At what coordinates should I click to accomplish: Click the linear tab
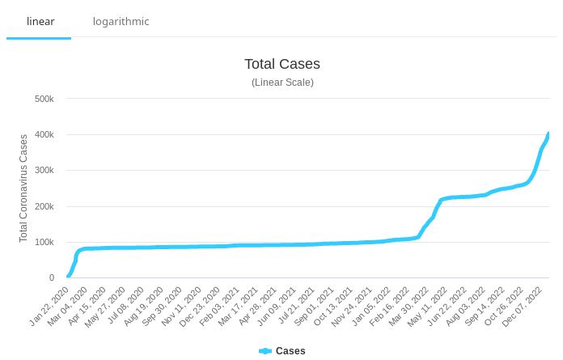[40, 21]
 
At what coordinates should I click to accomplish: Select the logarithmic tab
[121, 21]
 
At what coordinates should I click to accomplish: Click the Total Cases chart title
[282, 64]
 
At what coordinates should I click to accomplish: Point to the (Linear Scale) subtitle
[282, 83]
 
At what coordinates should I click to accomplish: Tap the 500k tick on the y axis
[44, 100]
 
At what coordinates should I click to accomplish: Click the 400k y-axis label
[44, 135]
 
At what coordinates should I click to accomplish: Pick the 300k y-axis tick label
[44, 171]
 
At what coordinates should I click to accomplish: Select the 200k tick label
[44, 207]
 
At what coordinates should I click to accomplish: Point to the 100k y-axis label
[44, 243]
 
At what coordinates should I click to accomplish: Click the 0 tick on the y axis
[52, 278]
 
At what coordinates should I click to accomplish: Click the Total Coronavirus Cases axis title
[23, 188]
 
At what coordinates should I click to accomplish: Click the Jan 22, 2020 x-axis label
[50, 307]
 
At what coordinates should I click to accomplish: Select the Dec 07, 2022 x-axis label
[523, 307]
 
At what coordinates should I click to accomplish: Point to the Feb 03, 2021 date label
[220, 307]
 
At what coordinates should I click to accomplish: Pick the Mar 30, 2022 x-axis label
[408, 307]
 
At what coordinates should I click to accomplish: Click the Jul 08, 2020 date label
[126, 307]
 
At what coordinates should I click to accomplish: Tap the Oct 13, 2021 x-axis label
[333, 307]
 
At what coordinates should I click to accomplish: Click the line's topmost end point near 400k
[548, 133]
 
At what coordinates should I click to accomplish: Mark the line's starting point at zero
[68, 277]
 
